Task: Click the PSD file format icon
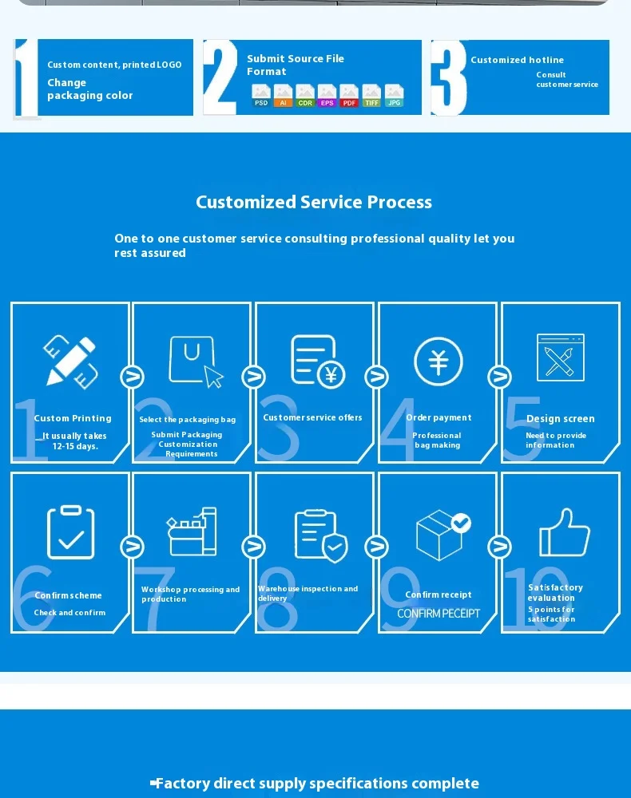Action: click(x=261, y=96)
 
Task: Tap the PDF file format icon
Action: click(x=349, y=96)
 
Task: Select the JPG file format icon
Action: click(x=394, y=96)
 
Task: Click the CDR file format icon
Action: click(x=305, y=96)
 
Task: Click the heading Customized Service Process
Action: click(x=314, y=202)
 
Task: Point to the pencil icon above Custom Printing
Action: click(x=71, y=361)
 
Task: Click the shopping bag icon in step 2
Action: click(x=194, y=361)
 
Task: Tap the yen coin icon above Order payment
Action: click(x=439, y=361)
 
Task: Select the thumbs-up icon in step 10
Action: click(x=564, y=532)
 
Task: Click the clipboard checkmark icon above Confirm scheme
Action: click(x=71, y=532)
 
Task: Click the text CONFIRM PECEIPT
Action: click(x=439, y=613)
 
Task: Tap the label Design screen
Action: click(x=560, y=419)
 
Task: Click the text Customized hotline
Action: click(x=517, y=60)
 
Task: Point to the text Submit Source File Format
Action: click(x=295, y=65)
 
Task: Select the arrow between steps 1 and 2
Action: click(x=132, y=377)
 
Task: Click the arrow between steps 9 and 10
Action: click(x=499, y=547)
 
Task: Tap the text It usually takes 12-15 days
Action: click(x=74, y=441)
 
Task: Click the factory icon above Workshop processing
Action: click(x=192, y=532)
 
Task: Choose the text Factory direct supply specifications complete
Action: click(x=315, y=784)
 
